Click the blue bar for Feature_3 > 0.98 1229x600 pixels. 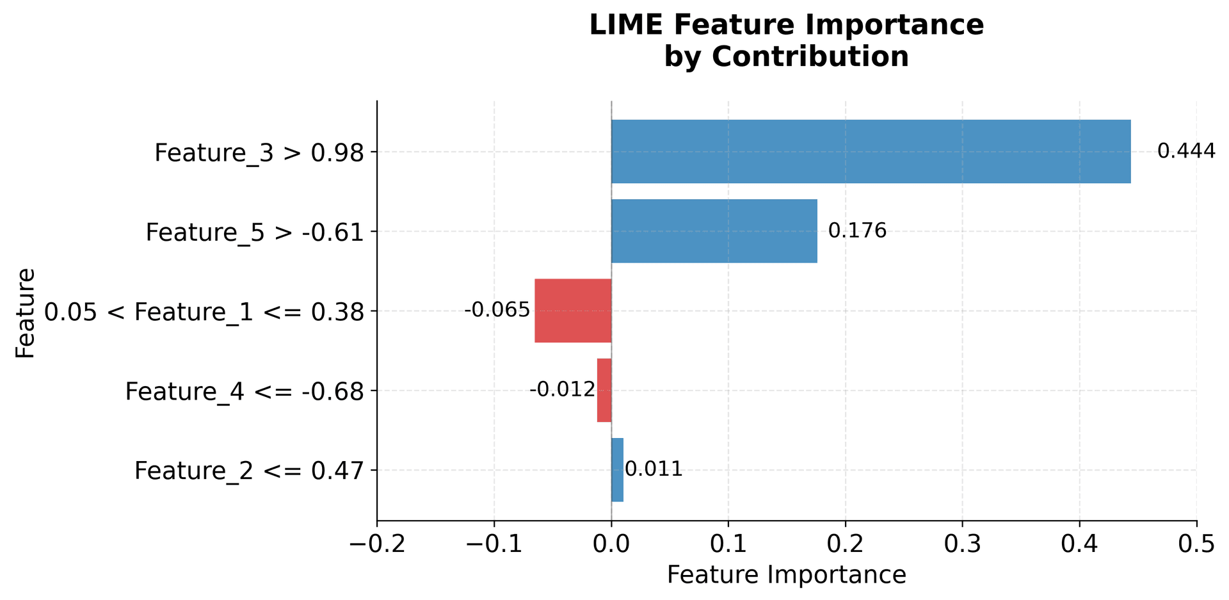pos(871,152)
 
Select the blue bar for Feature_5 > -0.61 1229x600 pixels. pos(714,231)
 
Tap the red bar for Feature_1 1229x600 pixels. pos(573,311)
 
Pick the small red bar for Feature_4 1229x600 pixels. pos(604,390)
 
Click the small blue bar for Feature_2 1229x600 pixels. pos(617,470)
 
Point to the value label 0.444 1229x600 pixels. pos(1186,152)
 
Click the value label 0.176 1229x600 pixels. pos(857,231)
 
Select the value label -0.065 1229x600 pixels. pos(497,311)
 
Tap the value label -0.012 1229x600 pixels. pos(562,390)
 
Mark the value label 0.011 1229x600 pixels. pos(654,470)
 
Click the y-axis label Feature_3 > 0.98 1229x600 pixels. pos(259,154)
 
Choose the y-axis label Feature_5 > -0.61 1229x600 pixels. pos(255,232)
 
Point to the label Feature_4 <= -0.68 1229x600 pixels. pos(245,392)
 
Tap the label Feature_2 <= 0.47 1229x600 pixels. pos(249,471)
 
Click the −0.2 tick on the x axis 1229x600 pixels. pos(377,544)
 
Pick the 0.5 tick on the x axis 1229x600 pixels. pos(1196,544)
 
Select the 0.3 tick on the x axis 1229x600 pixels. pos(962,544)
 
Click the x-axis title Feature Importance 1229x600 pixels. pos(786,575)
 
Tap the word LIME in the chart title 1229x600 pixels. pos(620,26)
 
